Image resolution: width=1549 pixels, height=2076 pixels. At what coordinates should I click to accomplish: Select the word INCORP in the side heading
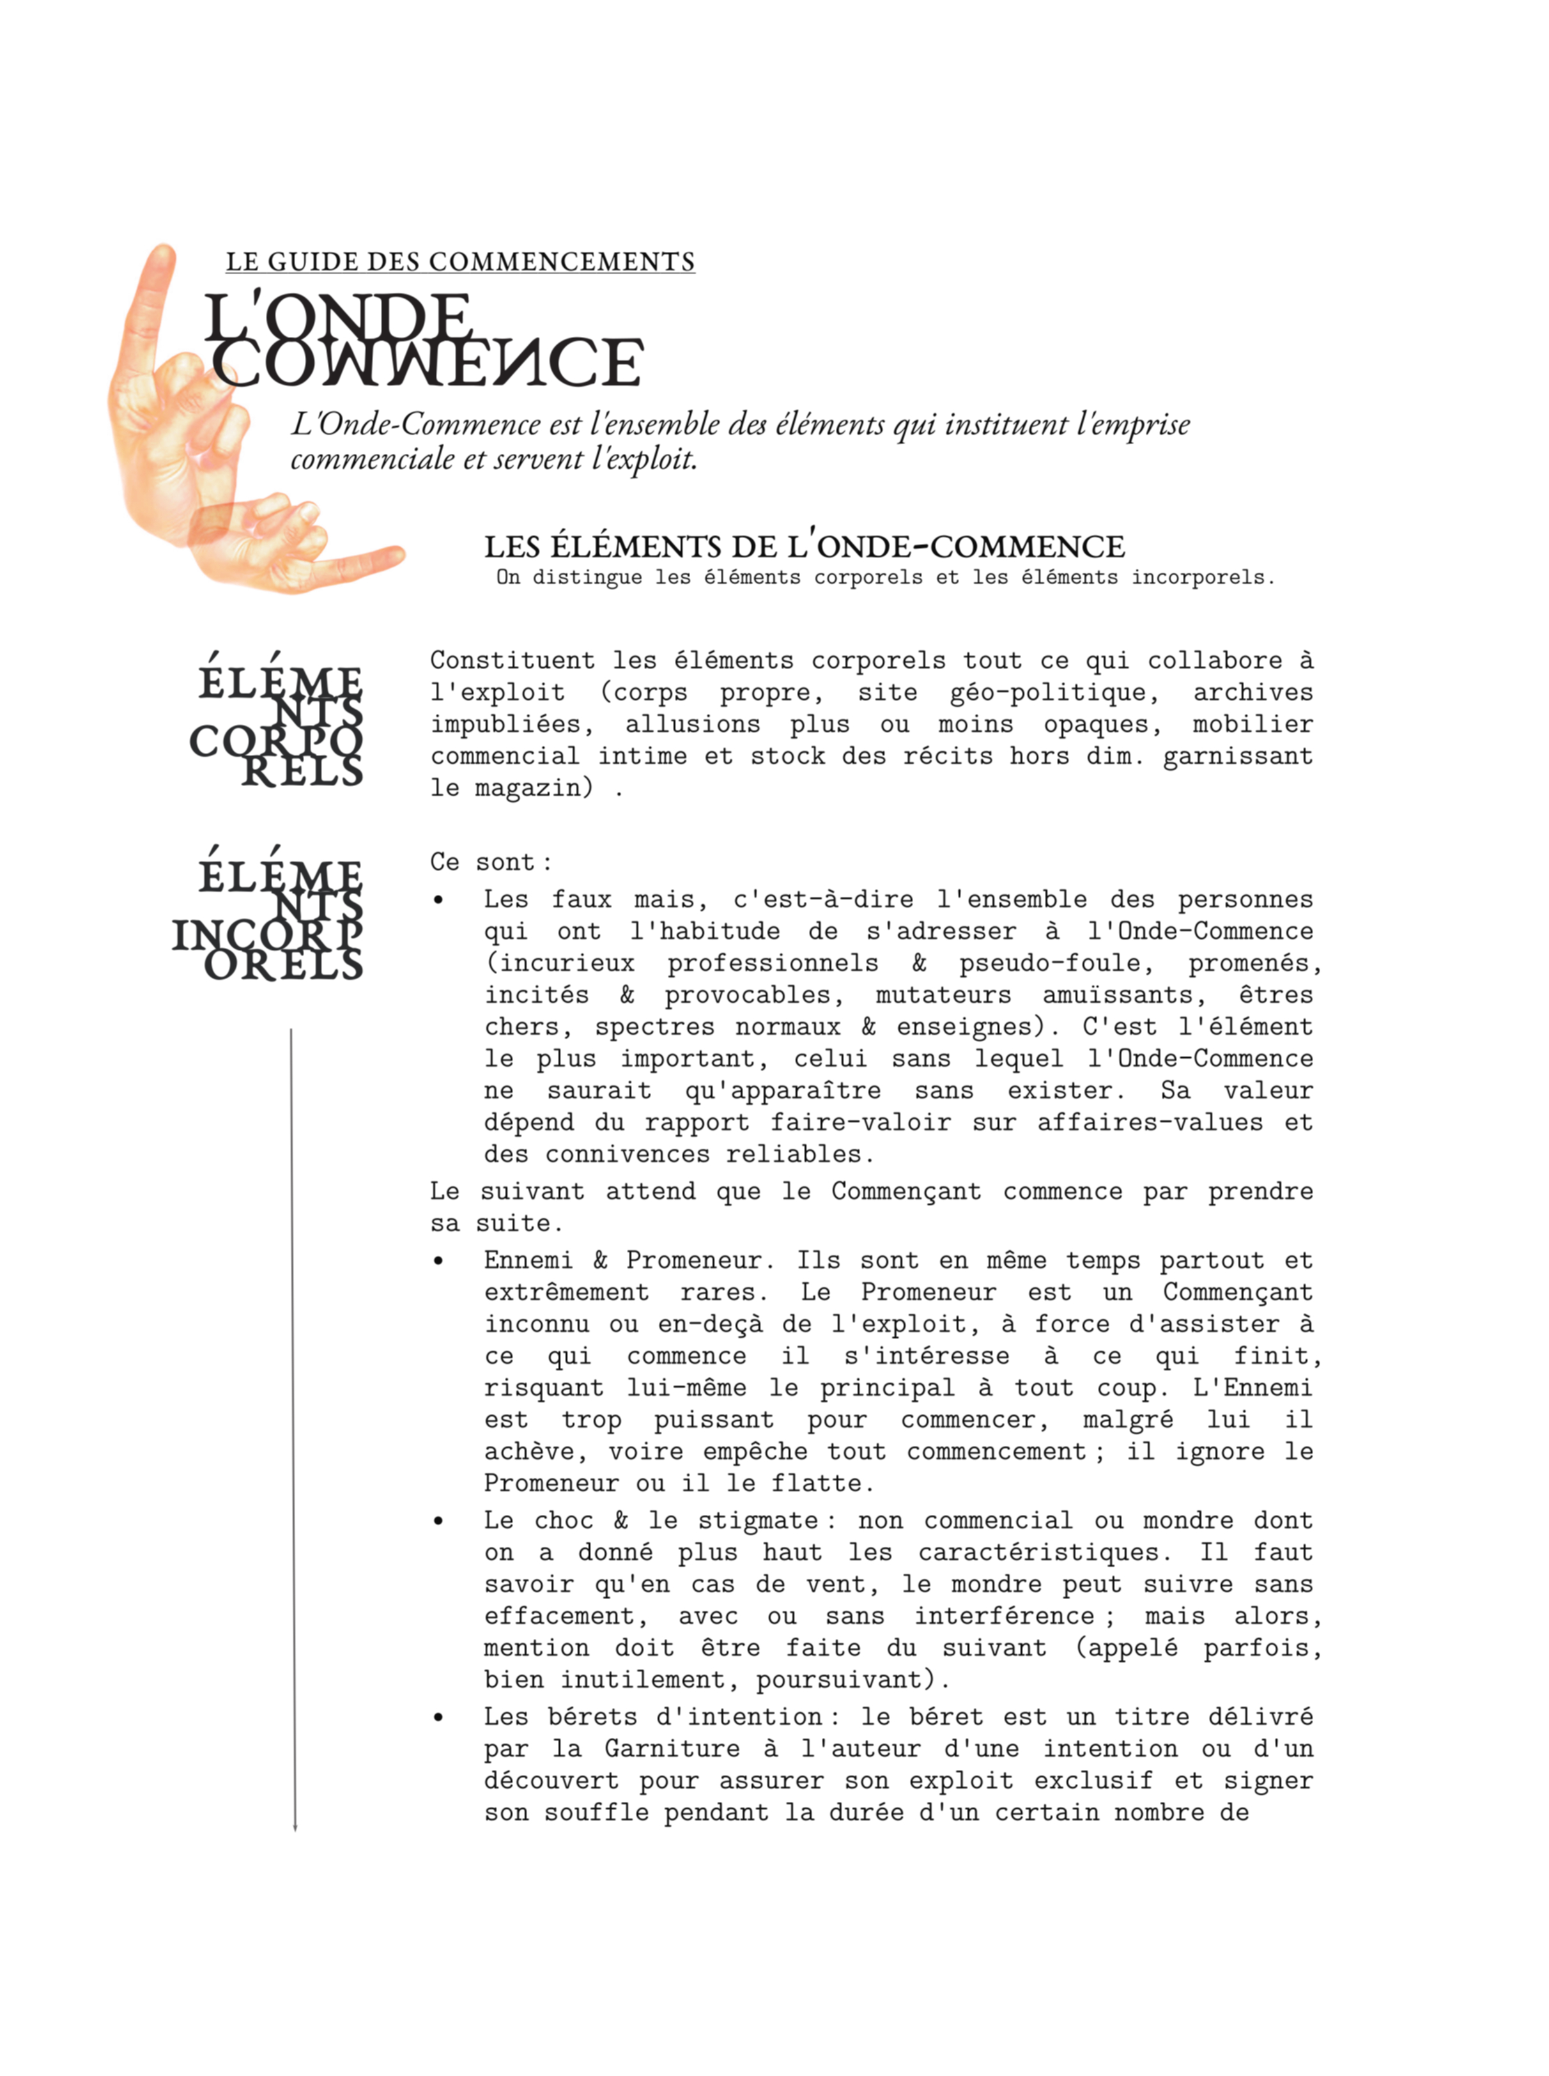click(267, 935)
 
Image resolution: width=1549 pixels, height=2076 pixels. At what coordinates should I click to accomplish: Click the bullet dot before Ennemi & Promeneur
click(438, 1262)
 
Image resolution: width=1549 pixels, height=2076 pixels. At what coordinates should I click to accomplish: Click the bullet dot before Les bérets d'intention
click(438, 1718)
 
